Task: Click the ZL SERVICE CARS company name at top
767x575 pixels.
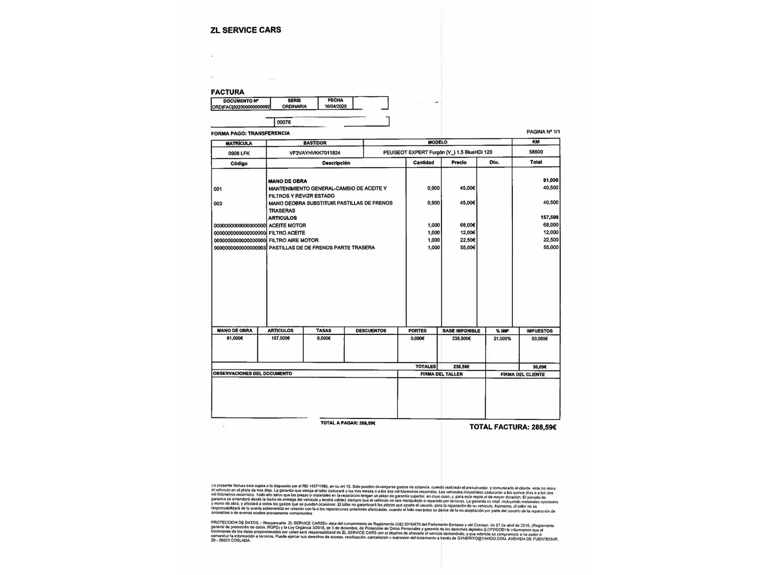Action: [x=246, y=30]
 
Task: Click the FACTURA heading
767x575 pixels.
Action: [x=227, y=92]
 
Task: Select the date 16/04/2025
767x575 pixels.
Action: [x=336, y=106]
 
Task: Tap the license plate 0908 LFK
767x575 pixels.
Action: [x=239, y=153]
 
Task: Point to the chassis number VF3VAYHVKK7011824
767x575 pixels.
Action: [x=315, y=153]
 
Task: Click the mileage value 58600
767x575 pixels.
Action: [x=536, y=152]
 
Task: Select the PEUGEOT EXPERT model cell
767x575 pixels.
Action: [x=437, y=152]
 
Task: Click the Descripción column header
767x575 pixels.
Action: [x=336, y=163]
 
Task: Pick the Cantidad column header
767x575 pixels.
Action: [x=423, y=162]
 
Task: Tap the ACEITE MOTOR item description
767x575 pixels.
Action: [x=287, y=226]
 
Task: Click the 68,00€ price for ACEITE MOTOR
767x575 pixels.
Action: [x=467, y=225]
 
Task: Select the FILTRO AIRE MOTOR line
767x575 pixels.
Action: [x=293, y=241]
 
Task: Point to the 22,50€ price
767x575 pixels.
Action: [x=467, y=240]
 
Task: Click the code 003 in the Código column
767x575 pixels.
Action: [x=218, y=204]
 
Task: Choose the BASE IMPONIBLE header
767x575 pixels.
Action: [x=461, y=331]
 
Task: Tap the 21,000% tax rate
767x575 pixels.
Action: [x=502, y=339]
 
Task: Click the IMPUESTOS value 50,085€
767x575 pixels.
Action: [x=539, y=339]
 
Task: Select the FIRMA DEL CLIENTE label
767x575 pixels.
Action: [x=523, y=374]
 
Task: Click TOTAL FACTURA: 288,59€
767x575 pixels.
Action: [x=512, y=427]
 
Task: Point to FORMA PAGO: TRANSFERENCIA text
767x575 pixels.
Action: [x=250, y=133]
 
